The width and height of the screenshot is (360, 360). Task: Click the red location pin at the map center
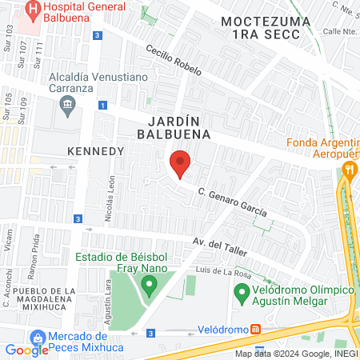[180, 163]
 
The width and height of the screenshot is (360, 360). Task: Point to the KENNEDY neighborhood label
[95, 150]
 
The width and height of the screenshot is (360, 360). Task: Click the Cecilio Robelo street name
[173, 60]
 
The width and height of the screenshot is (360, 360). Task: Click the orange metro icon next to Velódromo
[254, 329]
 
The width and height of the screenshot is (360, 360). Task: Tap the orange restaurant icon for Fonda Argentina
[348, 169]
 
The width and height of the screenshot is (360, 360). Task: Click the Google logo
[26, 350]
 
